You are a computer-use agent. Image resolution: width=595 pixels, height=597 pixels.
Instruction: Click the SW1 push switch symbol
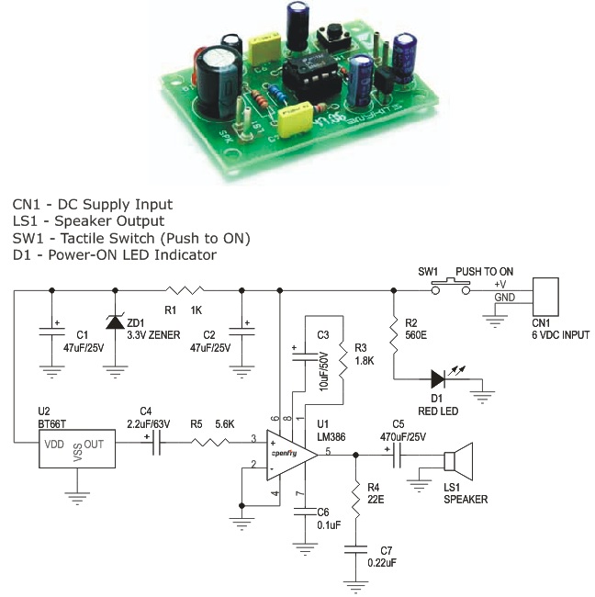[x=451, y=287]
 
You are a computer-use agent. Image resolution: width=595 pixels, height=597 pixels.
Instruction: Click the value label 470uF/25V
[x=404, y=437]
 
